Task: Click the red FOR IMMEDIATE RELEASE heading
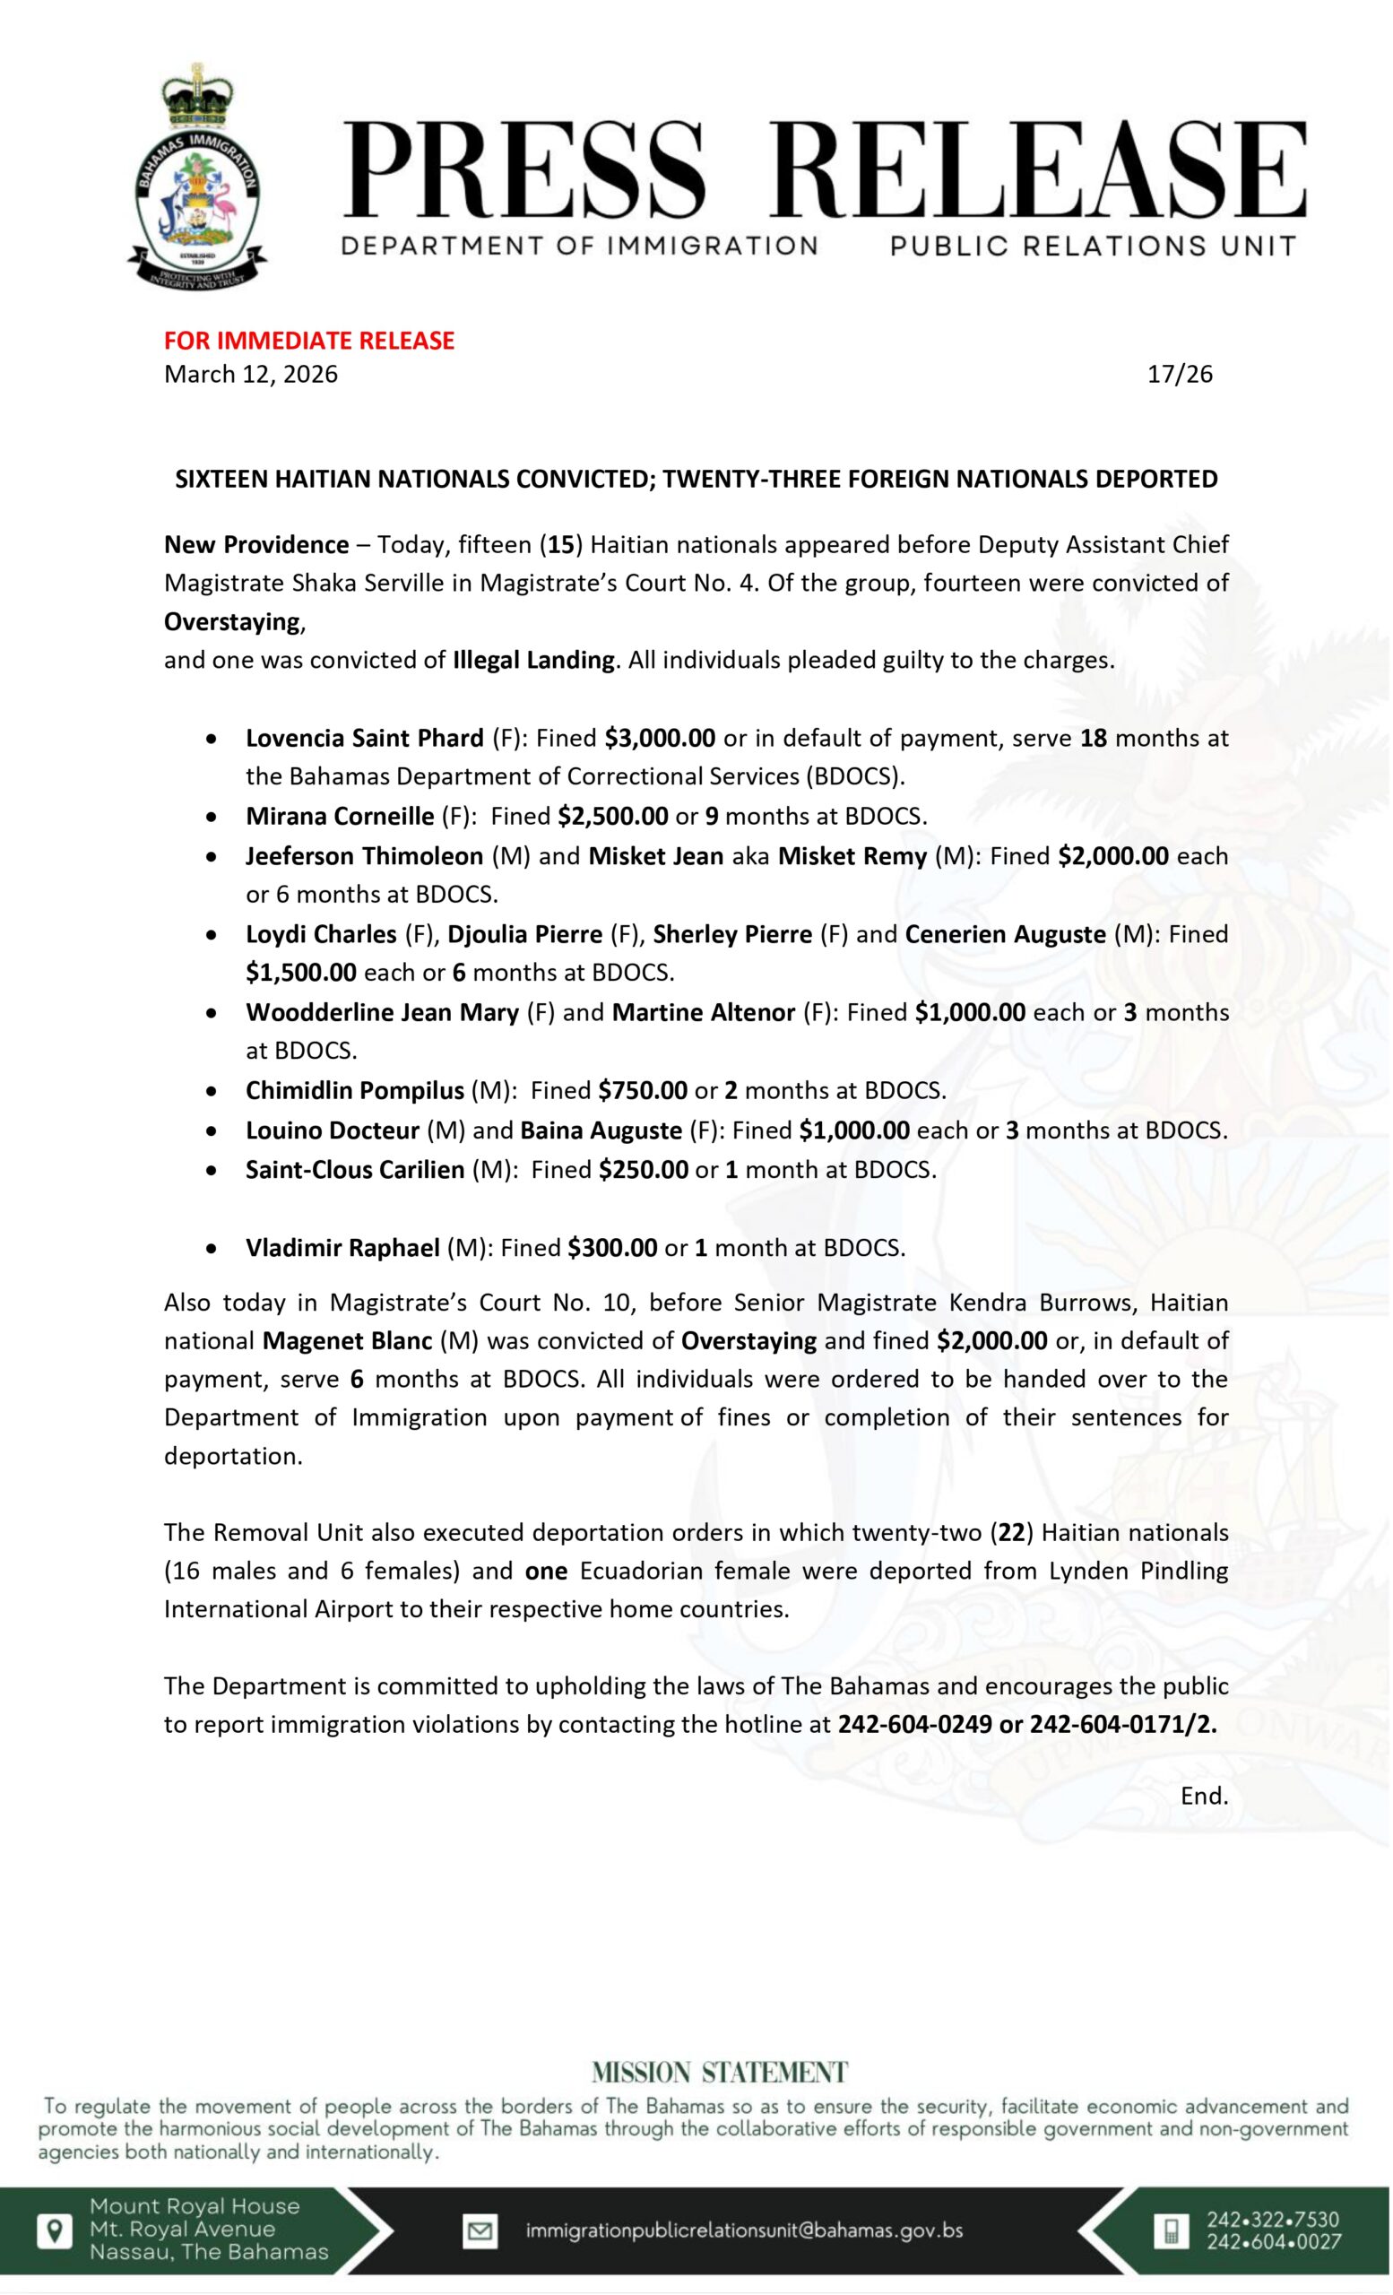coord(309,341)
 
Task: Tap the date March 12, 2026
coord(250,375)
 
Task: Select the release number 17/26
coord(1180,375)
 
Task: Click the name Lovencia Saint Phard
coord(364,739)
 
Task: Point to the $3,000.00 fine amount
coord(659,739)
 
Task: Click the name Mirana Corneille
coord(340,817)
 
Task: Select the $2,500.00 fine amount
coord(613,817)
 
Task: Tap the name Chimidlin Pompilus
coord(355,1090)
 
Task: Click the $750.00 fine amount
coord(643,1090)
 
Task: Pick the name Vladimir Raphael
coord(342,1248)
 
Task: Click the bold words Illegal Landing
coord(533,661)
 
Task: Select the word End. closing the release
coord(1204,1797)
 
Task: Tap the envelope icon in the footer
coord(480,2230)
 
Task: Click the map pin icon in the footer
coord(55,2230)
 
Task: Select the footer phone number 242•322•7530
coord(1273,2220)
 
